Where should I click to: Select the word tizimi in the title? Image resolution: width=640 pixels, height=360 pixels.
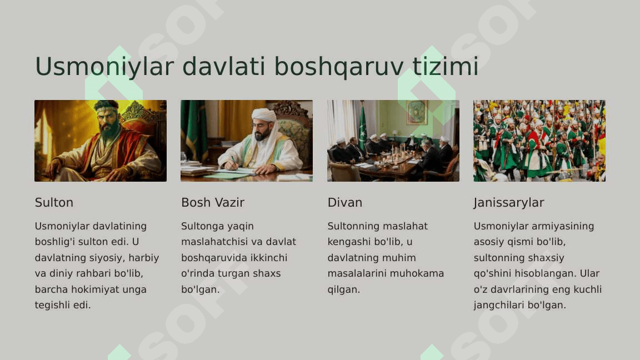click(x=446, y=66)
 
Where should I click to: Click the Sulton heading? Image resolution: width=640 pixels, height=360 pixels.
click(x=54, y=202)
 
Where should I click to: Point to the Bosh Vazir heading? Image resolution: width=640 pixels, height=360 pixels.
click(x=213, y=202)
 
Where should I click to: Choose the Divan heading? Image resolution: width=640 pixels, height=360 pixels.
click(x=345, y=202)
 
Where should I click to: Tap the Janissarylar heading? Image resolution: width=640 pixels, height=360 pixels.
click(x=509, y=203)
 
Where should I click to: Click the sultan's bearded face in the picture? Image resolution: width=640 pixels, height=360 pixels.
click(x=106, y=120)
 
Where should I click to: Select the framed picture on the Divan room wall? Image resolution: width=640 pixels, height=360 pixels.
click(x=416, y=112)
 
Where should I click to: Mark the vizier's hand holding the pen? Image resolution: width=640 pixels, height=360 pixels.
click(x=232, y=164)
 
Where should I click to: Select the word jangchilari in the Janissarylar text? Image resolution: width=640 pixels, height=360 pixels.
click(x=499, y=306)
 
